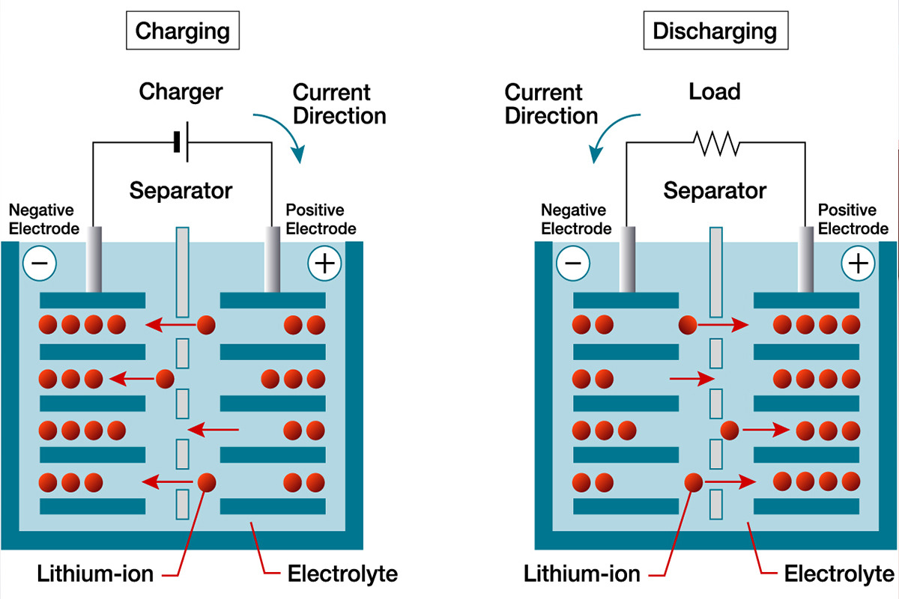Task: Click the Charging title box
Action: coord(182,31)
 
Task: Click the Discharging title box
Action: coord(715,31)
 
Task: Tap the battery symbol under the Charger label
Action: coord(180,142)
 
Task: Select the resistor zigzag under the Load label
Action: coord(715,142)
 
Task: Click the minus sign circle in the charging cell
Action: coord(37,263)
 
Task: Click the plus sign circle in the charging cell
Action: coord(324,263)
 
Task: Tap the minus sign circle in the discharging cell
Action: coord(571,263)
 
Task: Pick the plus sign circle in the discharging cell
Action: coord(858,263)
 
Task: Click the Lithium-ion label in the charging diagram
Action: coord(95,575)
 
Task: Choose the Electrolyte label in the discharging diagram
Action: coord(839,575)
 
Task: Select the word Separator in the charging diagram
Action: coord(181,190)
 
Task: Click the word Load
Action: coord(714,92)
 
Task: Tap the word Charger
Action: coord(181,92)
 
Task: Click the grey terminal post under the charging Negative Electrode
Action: coord(94,258)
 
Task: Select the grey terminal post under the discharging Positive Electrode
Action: coord(807,258)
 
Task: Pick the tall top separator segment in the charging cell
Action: coord(182,271)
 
